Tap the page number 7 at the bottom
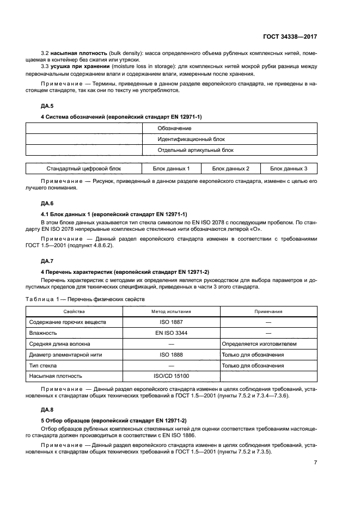(x=315, y=463)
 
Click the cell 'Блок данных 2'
(x=230, y=169)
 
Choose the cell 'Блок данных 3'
(x=289, y=169)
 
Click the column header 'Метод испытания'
(x=171, y=311)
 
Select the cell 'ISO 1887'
(x=171, y=322)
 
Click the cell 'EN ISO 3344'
(x=171, y=333)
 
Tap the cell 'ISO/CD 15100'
(x=171, y=376)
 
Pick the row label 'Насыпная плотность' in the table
(x=56, y=376)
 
